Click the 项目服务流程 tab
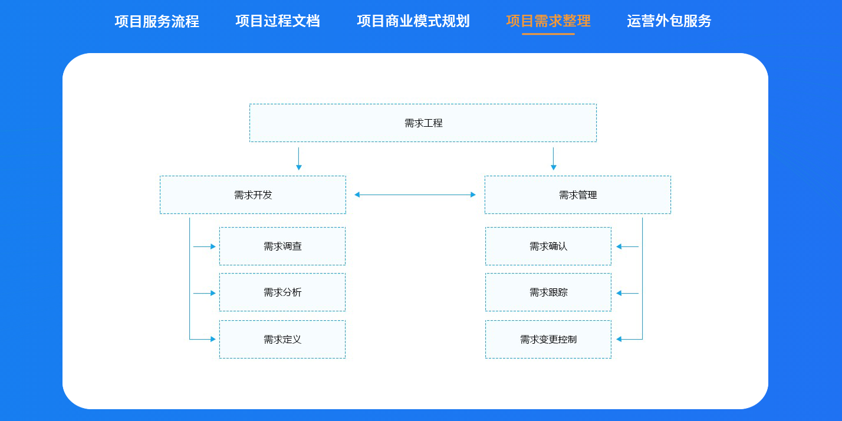click(157, 21)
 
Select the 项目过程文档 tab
click(278, 21)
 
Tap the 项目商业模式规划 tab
click(413, 21)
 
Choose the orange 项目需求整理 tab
click(548, 21)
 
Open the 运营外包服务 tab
click(669, 21)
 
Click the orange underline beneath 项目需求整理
click(548, 34)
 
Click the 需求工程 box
click(423, 123)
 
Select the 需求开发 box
click(253, 195)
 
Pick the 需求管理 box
click(578, 195)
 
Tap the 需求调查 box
click(282, 246)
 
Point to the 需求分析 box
click(282, 292)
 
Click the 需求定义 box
click(282, 340)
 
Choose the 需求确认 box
click(548, 246)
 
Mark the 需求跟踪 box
click(548, 292)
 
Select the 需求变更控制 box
click(548, 340)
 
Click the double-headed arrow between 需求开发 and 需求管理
click(415, 195)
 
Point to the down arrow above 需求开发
click(299, 159)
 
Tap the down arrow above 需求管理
click(553, 159)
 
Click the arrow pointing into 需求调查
click(205, 246)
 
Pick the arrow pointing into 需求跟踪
click(627, 293)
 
